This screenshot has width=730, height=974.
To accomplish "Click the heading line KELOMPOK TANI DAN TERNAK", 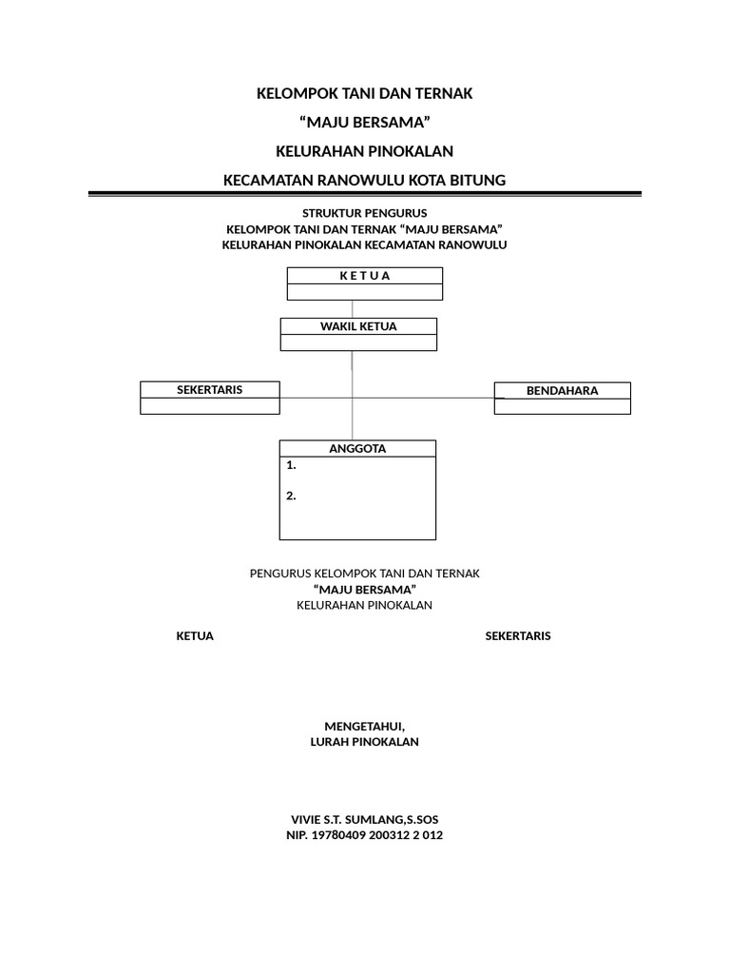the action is (364, 93).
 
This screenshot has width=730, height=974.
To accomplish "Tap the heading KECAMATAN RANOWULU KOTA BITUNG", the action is (364, 179).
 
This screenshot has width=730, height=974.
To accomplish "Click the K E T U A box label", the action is (364, 276).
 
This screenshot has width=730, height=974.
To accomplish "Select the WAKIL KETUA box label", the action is (358, 326).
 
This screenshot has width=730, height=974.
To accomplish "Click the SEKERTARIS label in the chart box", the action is (210, 390).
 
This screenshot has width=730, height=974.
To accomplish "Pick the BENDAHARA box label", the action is (562, 391).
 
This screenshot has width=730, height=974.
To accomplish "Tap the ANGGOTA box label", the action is (357, 449).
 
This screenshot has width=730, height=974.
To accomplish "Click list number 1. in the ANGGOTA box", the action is (291, 466).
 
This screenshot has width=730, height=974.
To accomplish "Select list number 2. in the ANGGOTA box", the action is (291, 496).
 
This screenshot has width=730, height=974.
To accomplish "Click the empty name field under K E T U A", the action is (364, 292).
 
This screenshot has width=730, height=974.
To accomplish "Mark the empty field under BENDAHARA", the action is (562, 406).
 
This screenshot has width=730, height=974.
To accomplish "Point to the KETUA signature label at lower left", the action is (195, 636).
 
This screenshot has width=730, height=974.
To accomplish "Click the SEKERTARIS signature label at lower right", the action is (517, 636).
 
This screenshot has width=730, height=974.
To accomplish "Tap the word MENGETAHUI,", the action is (364, 727).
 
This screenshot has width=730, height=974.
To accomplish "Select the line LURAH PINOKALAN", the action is (364, 743).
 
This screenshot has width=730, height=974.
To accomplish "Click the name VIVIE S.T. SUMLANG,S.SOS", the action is (364, 819).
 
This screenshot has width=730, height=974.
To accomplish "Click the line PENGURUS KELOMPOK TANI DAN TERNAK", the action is (364, 574).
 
